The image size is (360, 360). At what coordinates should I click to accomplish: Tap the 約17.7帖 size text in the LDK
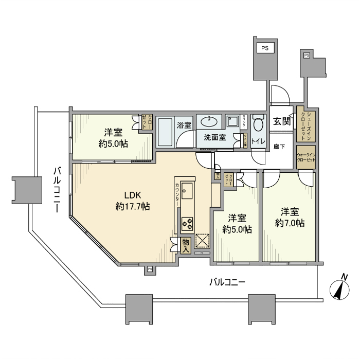(133, 206)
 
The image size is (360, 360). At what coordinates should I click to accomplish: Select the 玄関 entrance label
(281, 121)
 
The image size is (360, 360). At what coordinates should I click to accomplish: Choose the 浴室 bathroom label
(184, 125)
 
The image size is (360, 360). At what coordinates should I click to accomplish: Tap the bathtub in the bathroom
(166, 133)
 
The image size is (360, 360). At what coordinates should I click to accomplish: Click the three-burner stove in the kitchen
(187, 224)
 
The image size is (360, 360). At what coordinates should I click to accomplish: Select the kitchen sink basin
(187, 191)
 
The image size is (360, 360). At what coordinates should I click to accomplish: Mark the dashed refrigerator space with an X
(202, 241)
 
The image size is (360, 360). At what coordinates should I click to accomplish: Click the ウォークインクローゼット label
(305, 157)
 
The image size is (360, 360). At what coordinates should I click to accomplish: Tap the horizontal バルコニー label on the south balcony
(227, 282)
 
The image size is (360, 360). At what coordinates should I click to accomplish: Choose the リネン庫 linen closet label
(245, 141)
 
